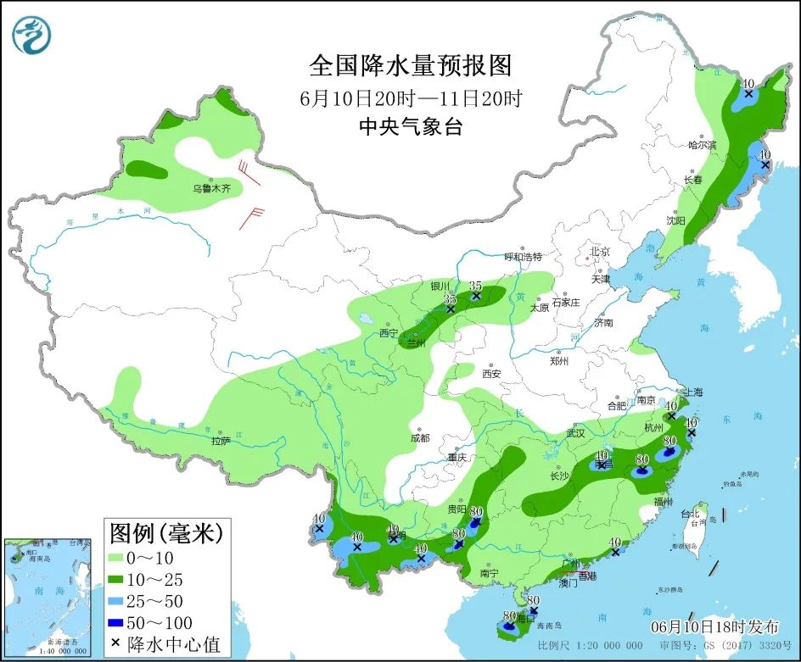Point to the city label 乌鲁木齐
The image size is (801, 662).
[x=210, y=188]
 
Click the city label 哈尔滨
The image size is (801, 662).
[x=702, y=145]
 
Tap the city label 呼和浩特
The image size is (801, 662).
[x=522, y=256]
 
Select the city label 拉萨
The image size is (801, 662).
[x=221, y=441]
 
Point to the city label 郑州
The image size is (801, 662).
[x=559, y=361]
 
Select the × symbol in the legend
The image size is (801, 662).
[x=115, y=644]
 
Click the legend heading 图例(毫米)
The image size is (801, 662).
[x=165, y=533]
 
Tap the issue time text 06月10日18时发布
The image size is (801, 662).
[x=714, y=627]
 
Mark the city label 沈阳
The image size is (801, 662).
[x=675, y=220]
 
